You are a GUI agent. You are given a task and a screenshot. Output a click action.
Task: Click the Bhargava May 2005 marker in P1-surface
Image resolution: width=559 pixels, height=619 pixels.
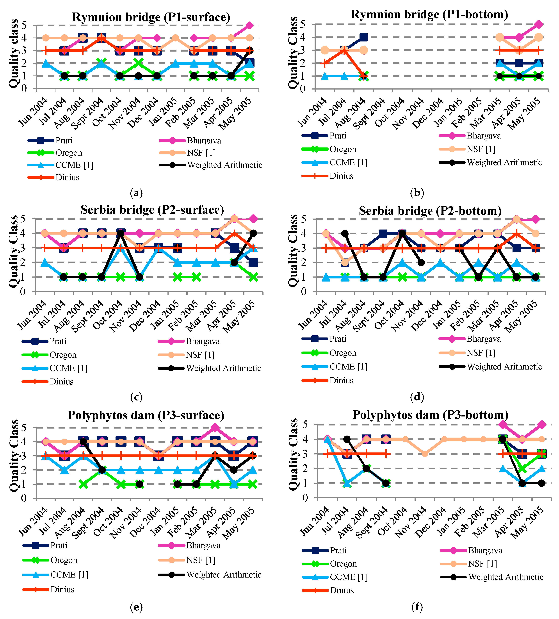249,25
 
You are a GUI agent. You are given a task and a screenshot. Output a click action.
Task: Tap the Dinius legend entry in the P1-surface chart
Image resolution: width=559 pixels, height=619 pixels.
67,178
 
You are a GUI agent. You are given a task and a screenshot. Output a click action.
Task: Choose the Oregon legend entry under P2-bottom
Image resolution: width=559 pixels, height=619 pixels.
343,353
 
